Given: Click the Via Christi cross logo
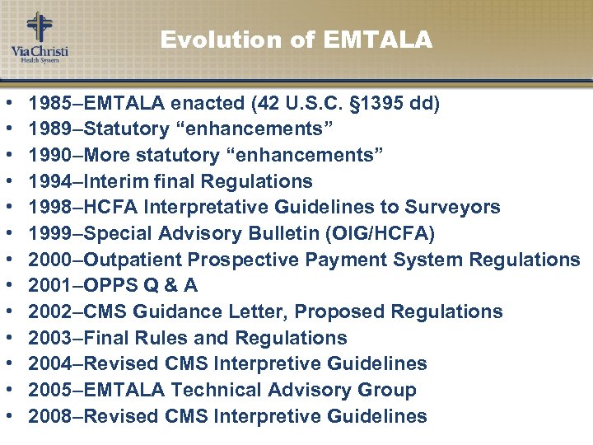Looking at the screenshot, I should pos(39,27).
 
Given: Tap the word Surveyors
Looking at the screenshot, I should pos(460,207).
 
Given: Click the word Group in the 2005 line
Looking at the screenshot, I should pos(386,390).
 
